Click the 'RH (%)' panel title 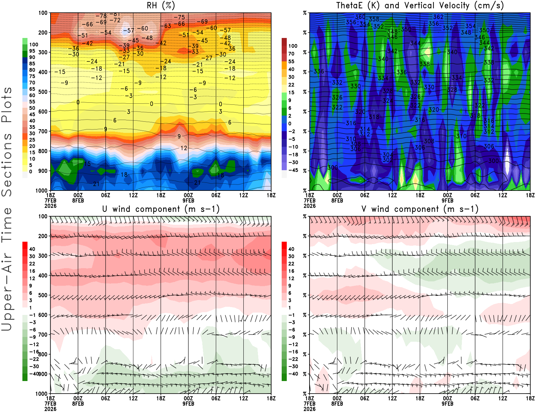tap(161, 6)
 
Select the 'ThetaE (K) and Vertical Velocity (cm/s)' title tap(420, 6)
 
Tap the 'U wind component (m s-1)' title tap(161, 209)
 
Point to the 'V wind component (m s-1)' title tap(420, 209)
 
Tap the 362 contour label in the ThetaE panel tap(438, 17)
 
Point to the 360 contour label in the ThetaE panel tap(360, 17)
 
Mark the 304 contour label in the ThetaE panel tap(388, 155)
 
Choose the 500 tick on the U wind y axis tap(43, 295)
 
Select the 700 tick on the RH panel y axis tap(43, 131)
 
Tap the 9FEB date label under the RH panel tap(188, 200)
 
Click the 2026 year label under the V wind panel tap(310, 409)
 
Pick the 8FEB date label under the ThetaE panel tap(337, 200)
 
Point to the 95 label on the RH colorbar tap(32, 51)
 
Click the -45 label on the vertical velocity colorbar tap(293, 170)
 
